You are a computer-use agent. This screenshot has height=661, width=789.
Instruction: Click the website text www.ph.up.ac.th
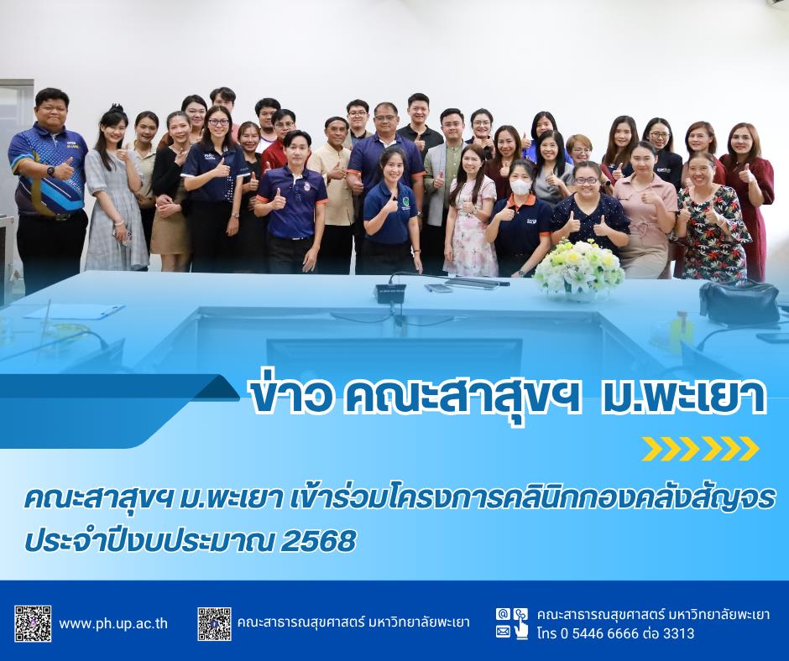point(113,624)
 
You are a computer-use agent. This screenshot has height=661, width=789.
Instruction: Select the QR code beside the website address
point(33,624)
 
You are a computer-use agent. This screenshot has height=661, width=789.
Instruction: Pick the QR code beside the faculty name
point(214,624)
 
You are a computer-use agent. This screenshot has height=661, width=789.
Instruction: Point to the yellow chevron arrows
point(700,449)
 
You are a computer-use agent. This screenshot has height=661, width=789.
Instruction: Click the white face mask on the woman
point(520,187)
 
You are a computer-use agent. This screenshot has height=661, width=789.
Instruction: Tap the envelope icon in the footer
point(503,632)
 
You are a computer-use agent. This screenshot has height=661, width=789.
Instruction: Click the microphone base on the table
point(391,294)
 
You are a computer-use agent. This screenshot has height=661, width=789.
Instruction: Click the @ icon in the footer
point(502,614)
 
